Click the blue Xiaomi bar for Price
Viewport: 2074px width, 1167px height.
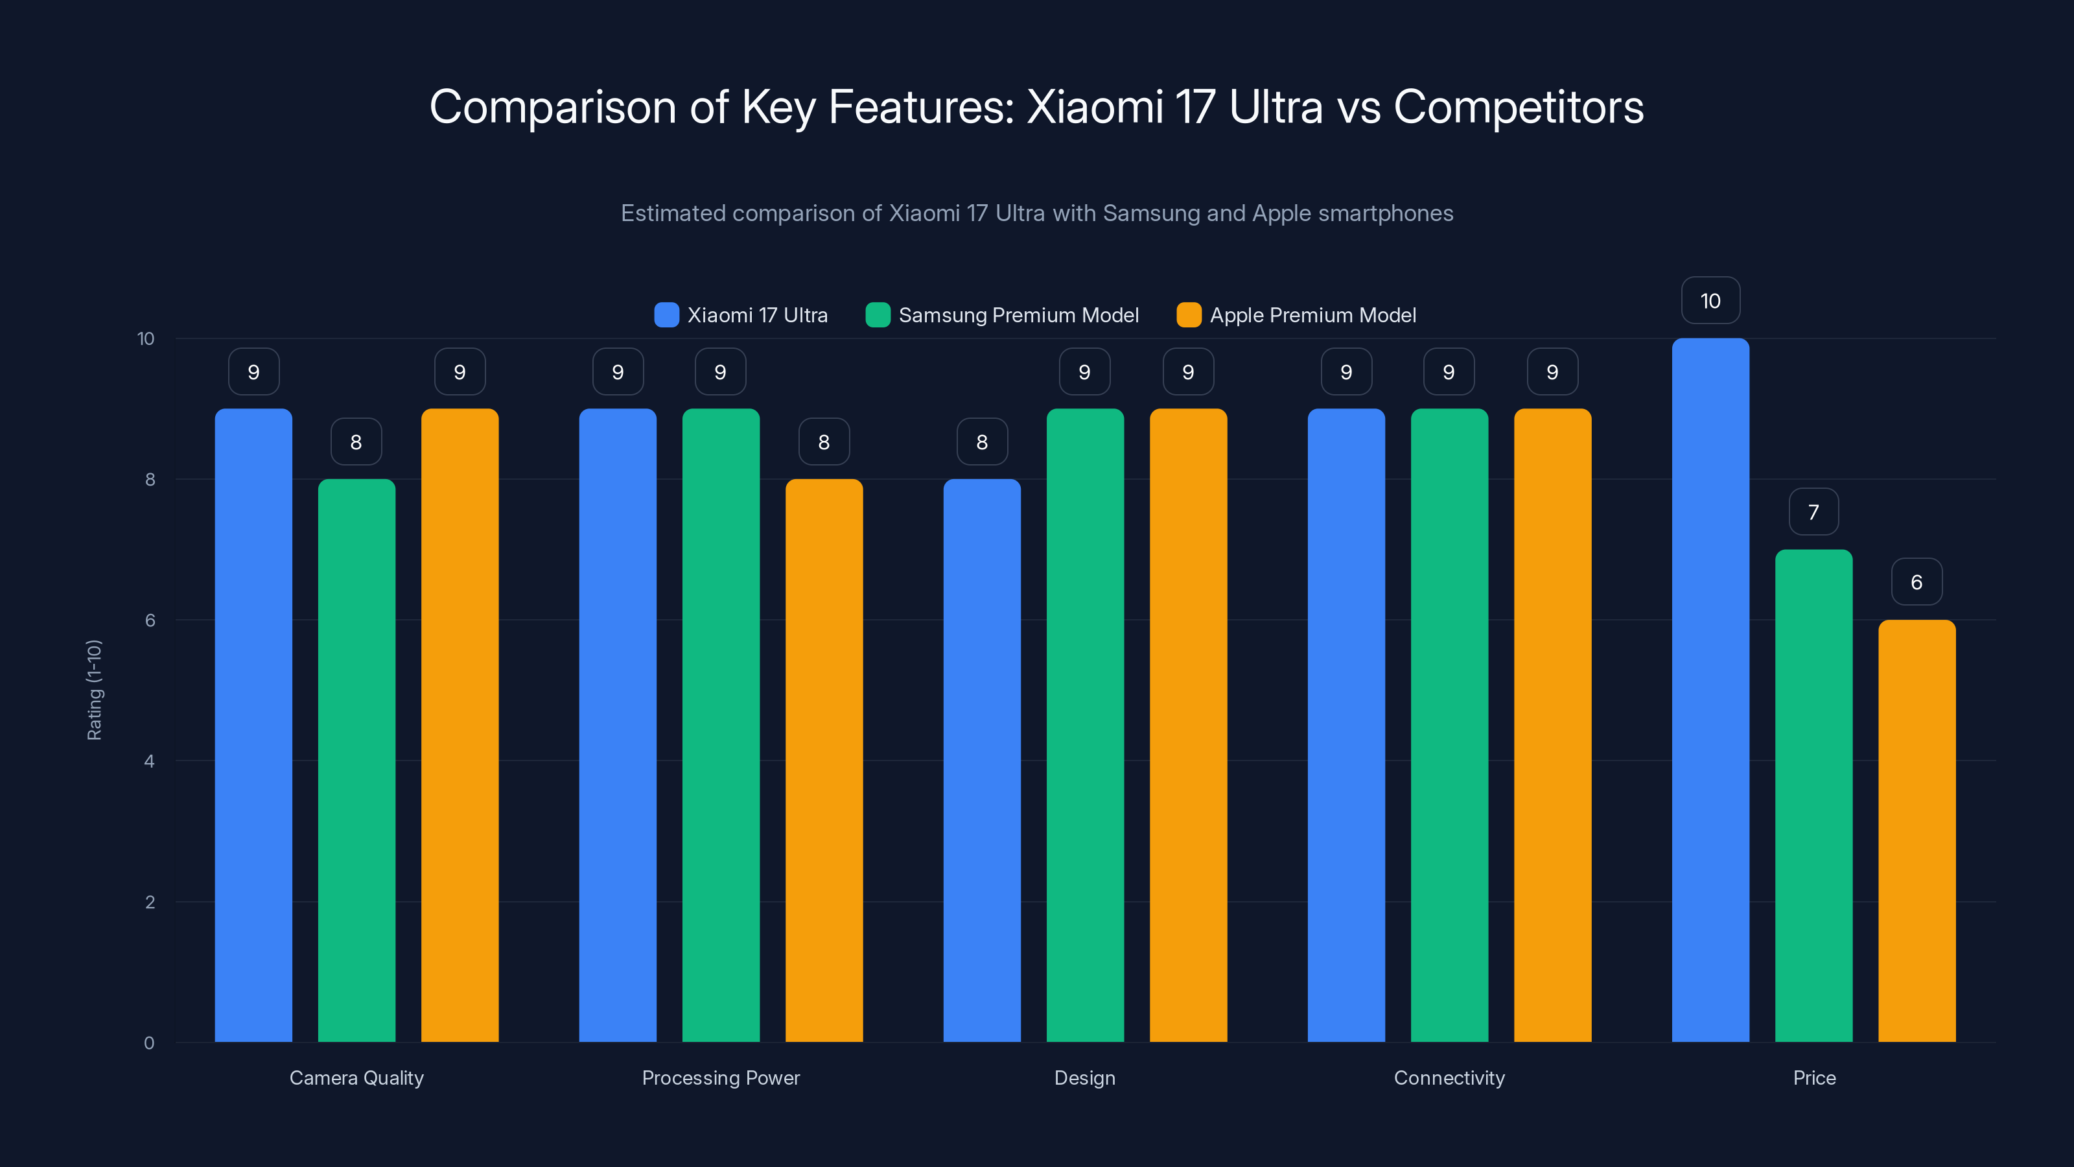pos(1710,692)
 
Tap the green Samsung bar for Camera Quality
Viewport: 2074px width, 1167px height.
pos(356,761)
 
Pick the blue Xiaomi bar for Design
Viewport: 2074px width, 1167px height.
pos(981,761)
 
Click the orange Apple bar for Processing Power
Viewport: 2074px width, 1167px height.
pos(824,761)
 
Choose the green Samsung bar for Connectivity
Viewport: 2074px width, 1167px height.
pos(1449,725)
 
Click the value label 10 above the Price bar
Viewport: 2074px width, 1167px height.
pos(1710,300)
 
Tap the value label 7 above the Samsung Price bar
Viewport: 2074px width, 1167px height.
pos(1813,512)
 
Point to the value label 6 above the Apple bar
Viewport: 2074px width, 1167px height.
pos(1917,582)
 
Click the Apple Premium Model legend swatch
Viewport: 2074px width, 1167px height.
pos(1189,315)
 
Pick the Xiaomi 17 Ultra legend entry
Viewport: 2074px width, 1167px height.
pos(741,315)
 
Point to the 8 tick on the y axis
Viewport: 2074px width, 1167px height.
pos(150,480)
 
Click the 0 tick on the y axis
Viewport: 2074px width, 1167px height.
pos(149,1043)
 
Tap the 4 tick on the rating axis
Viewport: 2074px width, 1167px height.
pos(149,761)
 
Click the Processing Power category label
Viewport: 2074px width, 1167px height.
pos(721,1078)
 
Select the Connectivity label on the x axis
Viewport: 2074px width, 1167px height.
pos(1449,1078)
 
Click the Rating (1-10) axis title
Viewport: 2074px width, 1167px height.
pos(94,690)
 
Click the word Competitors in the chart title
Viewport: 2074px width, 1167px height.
pos(1518,107)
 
